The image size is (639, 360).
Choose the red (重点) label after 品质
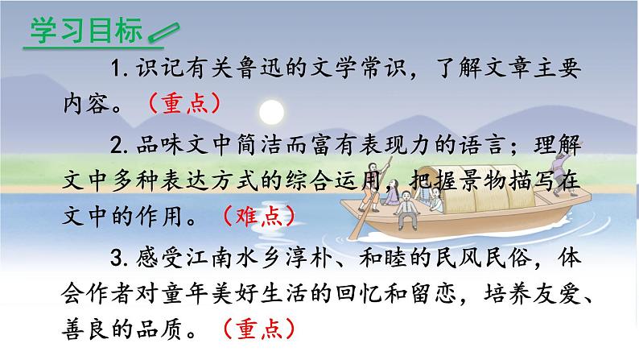pos(258,329)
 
